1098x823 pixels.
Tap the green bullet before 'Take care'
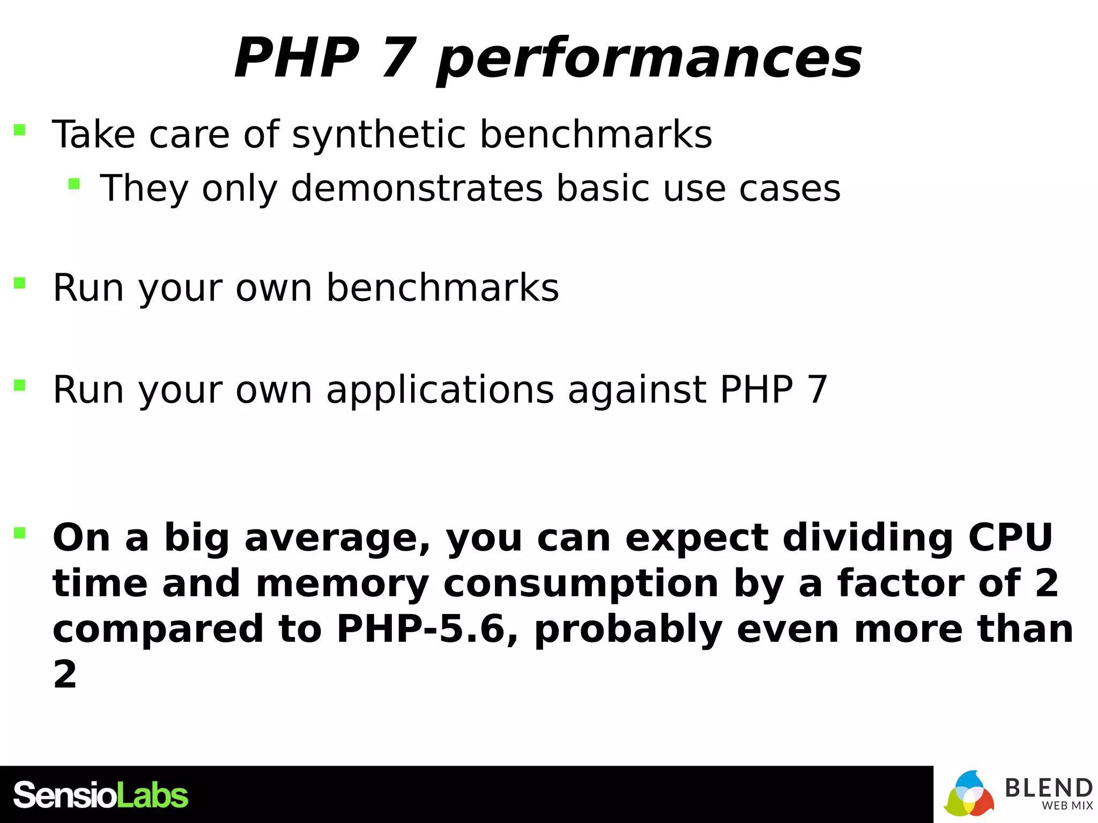[x=20, y=130]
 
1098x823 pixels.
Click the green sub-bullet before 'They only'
[x=74, y=184]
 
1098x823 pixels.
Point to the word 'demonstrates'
[x=417, y=189]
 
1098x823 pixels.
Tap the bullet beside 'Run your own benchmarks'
[x=20, y=283]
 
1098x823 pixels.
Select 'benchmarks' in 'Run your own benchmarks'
[x=442, y=288]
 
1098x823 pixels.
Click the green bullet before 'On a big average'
[x=20, y=533]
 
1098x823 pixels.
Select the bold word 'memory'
[x=342, y=584]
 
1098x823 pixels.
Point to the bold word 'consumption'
[x=581, y=584]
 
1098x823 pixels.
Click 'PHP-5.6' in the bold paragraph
[x=420, y=629]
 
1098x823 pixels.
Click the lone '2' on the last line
[x=65, y=675]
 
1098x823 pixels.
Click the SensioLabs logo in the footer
[x=100, y=795]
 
